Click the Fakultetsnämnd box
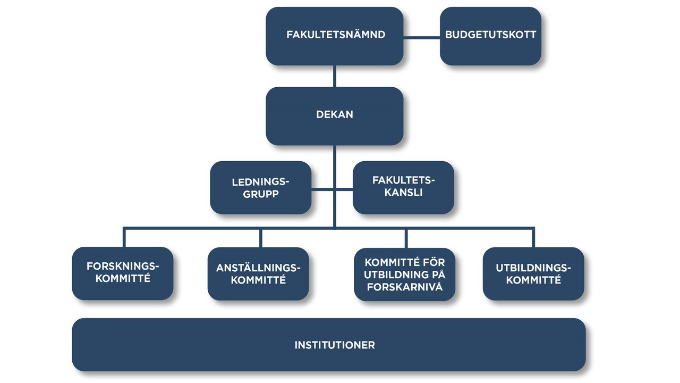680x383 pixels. coord(335,36)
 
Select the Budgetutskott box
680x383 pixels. coord(490,36)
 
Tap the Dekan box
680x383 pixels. coord(335,115)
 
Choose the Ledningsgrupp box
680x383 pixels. coord(260,188)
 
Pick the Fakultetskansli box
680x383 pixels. coord(403,187)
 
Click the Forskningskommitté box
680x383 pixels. coord(122,273)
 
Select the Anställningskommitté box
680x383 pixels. coord(258,273)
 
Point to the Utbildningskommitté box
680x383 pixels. coord(533,273)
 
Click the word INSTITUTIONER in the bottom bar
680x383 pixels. coord(335,345)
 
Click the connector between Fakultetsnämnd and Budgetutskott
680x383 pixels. coord(422,37)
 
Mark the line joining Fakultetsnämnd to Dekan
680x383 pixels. coord(335,76)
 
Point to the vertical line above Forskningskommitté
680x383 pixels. coord(124,237)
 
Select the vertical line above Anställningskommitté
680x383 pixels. coord(260,238)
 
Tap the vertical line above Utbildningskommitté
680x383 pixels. coord(533,238)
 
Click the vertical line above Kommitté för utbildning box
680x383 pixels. coord(406,238)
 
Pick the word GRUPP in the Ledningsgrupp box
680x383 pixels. coord(261,194)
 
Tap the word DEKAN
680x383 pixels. coord(335,115)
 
